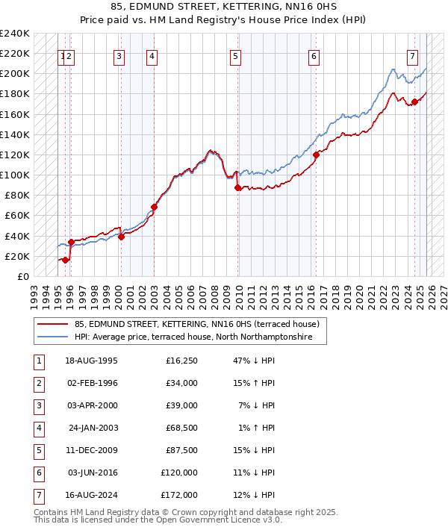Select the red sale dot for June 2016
coord(316,155)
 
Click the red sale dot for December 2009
coord(237,188)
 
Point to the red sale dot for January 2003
coord(154,207)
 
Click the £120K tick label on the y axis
coord(15,155)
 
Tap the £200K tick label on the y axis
coord(15,74)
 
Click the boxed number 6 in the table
coord(37,473)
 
